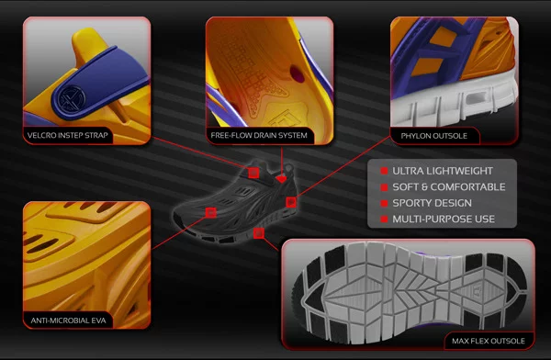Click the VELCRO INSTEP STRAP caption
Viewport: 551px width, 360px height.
[67, 137]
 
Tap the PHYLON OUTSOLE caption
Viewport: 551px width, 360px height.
[433, 136]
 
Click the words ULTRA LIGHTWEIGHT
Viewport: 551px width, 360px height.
[442, 171]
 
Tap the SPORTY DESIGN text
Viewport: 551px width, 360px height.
[432, 203]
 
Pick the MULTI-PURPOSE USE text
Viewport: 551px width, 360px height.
[444, 219]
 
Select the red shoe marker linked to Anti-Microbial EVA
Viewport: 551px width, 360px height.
[210, 212]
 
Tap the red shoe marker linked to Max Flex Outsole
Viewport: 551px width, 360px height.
[259, 235]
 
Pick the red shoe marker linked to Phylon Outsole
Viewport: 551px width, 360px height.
[290, 201]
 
